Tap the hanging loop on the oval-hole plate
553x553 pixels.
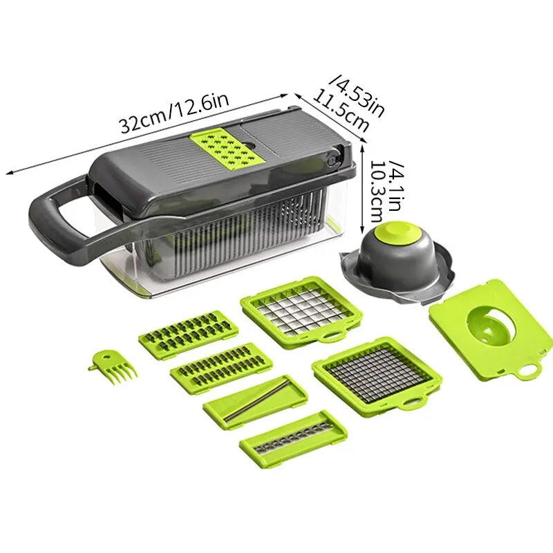coord(528,370)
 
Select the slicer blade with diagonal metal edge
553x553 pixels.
coord(256,401)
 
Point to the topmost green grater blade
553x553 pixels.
coord(188,332)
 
